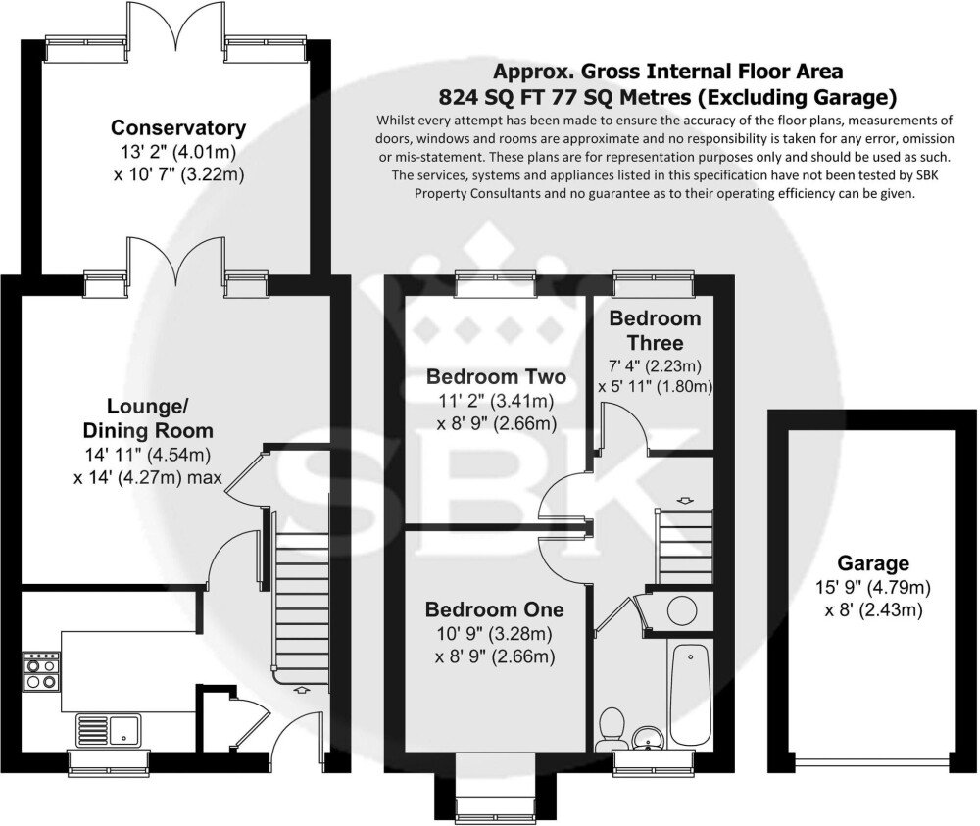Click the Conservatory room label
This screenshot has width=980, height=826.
(178, 127)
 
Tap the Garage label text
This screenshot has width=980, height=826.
(872, 563)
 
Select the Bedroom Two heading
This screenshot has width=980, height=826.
(496, 377)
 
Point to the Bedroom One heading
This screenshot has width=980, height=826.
(494, 609)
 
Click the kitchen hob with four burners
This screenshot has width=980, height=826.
(41, 671)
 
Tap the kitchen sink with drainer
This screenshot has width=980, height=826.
(108, 730)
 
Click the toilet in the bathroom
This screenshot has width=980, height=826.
(609, 728)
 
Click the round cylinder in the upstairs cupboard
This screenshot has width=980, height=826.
(682, 609)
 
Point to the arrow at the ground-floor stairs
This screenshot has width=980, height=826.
(302, 690)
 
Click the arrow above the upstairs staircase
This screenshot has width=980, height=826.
(686, 501)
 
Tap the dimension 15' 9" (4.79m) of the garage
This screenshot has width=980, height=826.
(873, 587)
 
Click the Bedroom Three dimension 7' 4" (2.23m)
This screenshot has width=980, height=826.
(655, 365)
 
